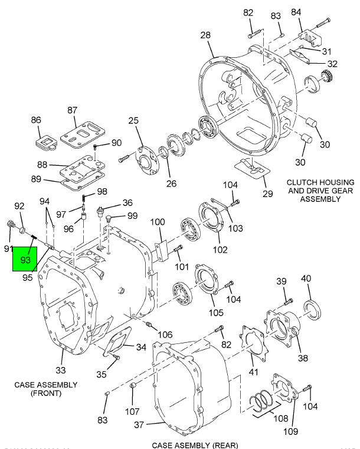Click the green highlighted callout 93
click(26, 258)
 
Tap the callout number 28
click(205, 35)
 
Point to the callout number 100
click(157, 222)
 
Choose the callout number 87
click(72, 110)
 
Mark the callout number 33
click(61, 370)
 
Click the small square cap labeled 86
click(44, 142)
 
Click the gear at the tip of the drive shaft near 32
click(324, 77)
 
